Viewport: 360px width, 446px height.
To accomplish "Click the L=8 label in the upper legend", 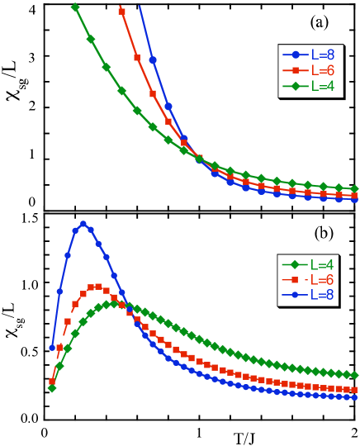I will pyautogui.click(x=323, y=55).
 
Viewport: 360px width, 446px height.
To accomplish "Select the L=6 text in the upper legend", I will pyautogui.click(x=323, y=70).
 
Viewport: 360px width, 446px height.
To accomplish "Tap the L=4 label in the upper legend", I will pyautogui.click(x=323, y=86).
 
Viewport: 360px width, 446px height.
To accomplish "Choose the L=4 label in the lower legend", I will pyautogui.click(x=322, y=265).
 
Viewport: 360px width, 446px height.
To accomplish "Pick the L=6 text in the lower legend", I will pyautogui.click(x=322, y=280).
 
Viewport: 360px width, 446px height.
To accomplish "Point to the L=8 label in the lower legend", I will pyautogui.click(x=322, y=295).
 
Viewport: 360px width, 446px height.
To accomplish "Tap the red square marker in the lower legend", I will pyautogui.click(x=295, y=280).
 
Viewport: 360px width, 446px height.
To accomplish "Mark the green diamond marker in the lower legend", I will pyautogui.click(x=295, y=265).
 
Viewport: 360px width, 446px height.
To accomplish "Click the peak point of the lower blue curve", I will pyautogui.click(x=83, y=224).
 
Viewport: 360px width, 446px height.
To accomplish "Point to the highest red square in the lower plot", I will pyautogui.click(x=98, y=287).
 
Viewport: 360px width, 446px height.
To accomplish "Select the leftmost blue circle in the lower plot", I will pyautogui.click(x=52, y=348).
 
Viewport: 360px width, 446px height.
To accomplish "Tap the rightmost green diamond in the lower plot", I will pyautogui.click(x=354, y=375).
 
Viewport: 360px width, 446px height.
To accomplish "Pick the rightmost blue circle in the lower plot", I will pyautogui.click(x=354, y=397).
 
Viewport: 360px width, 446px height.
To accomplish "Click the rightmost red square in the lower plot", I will pyautogui.click(x=354, y=389).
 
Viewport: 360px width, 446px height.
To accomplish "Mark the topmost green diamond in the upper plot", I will pyautogui.click(x=75, y=7).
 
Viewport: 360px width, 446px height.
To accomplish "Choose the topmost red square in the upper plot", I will pyautogui.click(x=121, y=12).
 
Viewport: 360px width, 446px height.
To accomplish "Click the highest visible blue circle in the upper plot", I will pyautogui.click(x=153, y=59).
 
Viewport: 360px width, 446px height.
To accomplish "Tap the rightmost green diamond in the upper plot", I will pyautogui.click(x=354, y=189).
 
